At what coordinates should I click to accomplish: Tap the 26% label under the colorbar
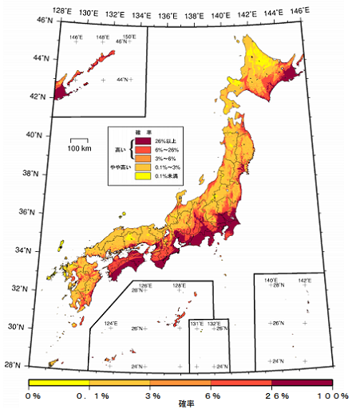pyautogui.click(x=275, y=395)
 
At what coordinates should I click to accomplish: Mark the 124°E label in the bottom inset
pyautogui.click(x=111, y=324)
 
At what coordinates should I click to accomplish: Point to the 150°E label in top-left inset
pyautogui.click(x=128, y=37)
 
